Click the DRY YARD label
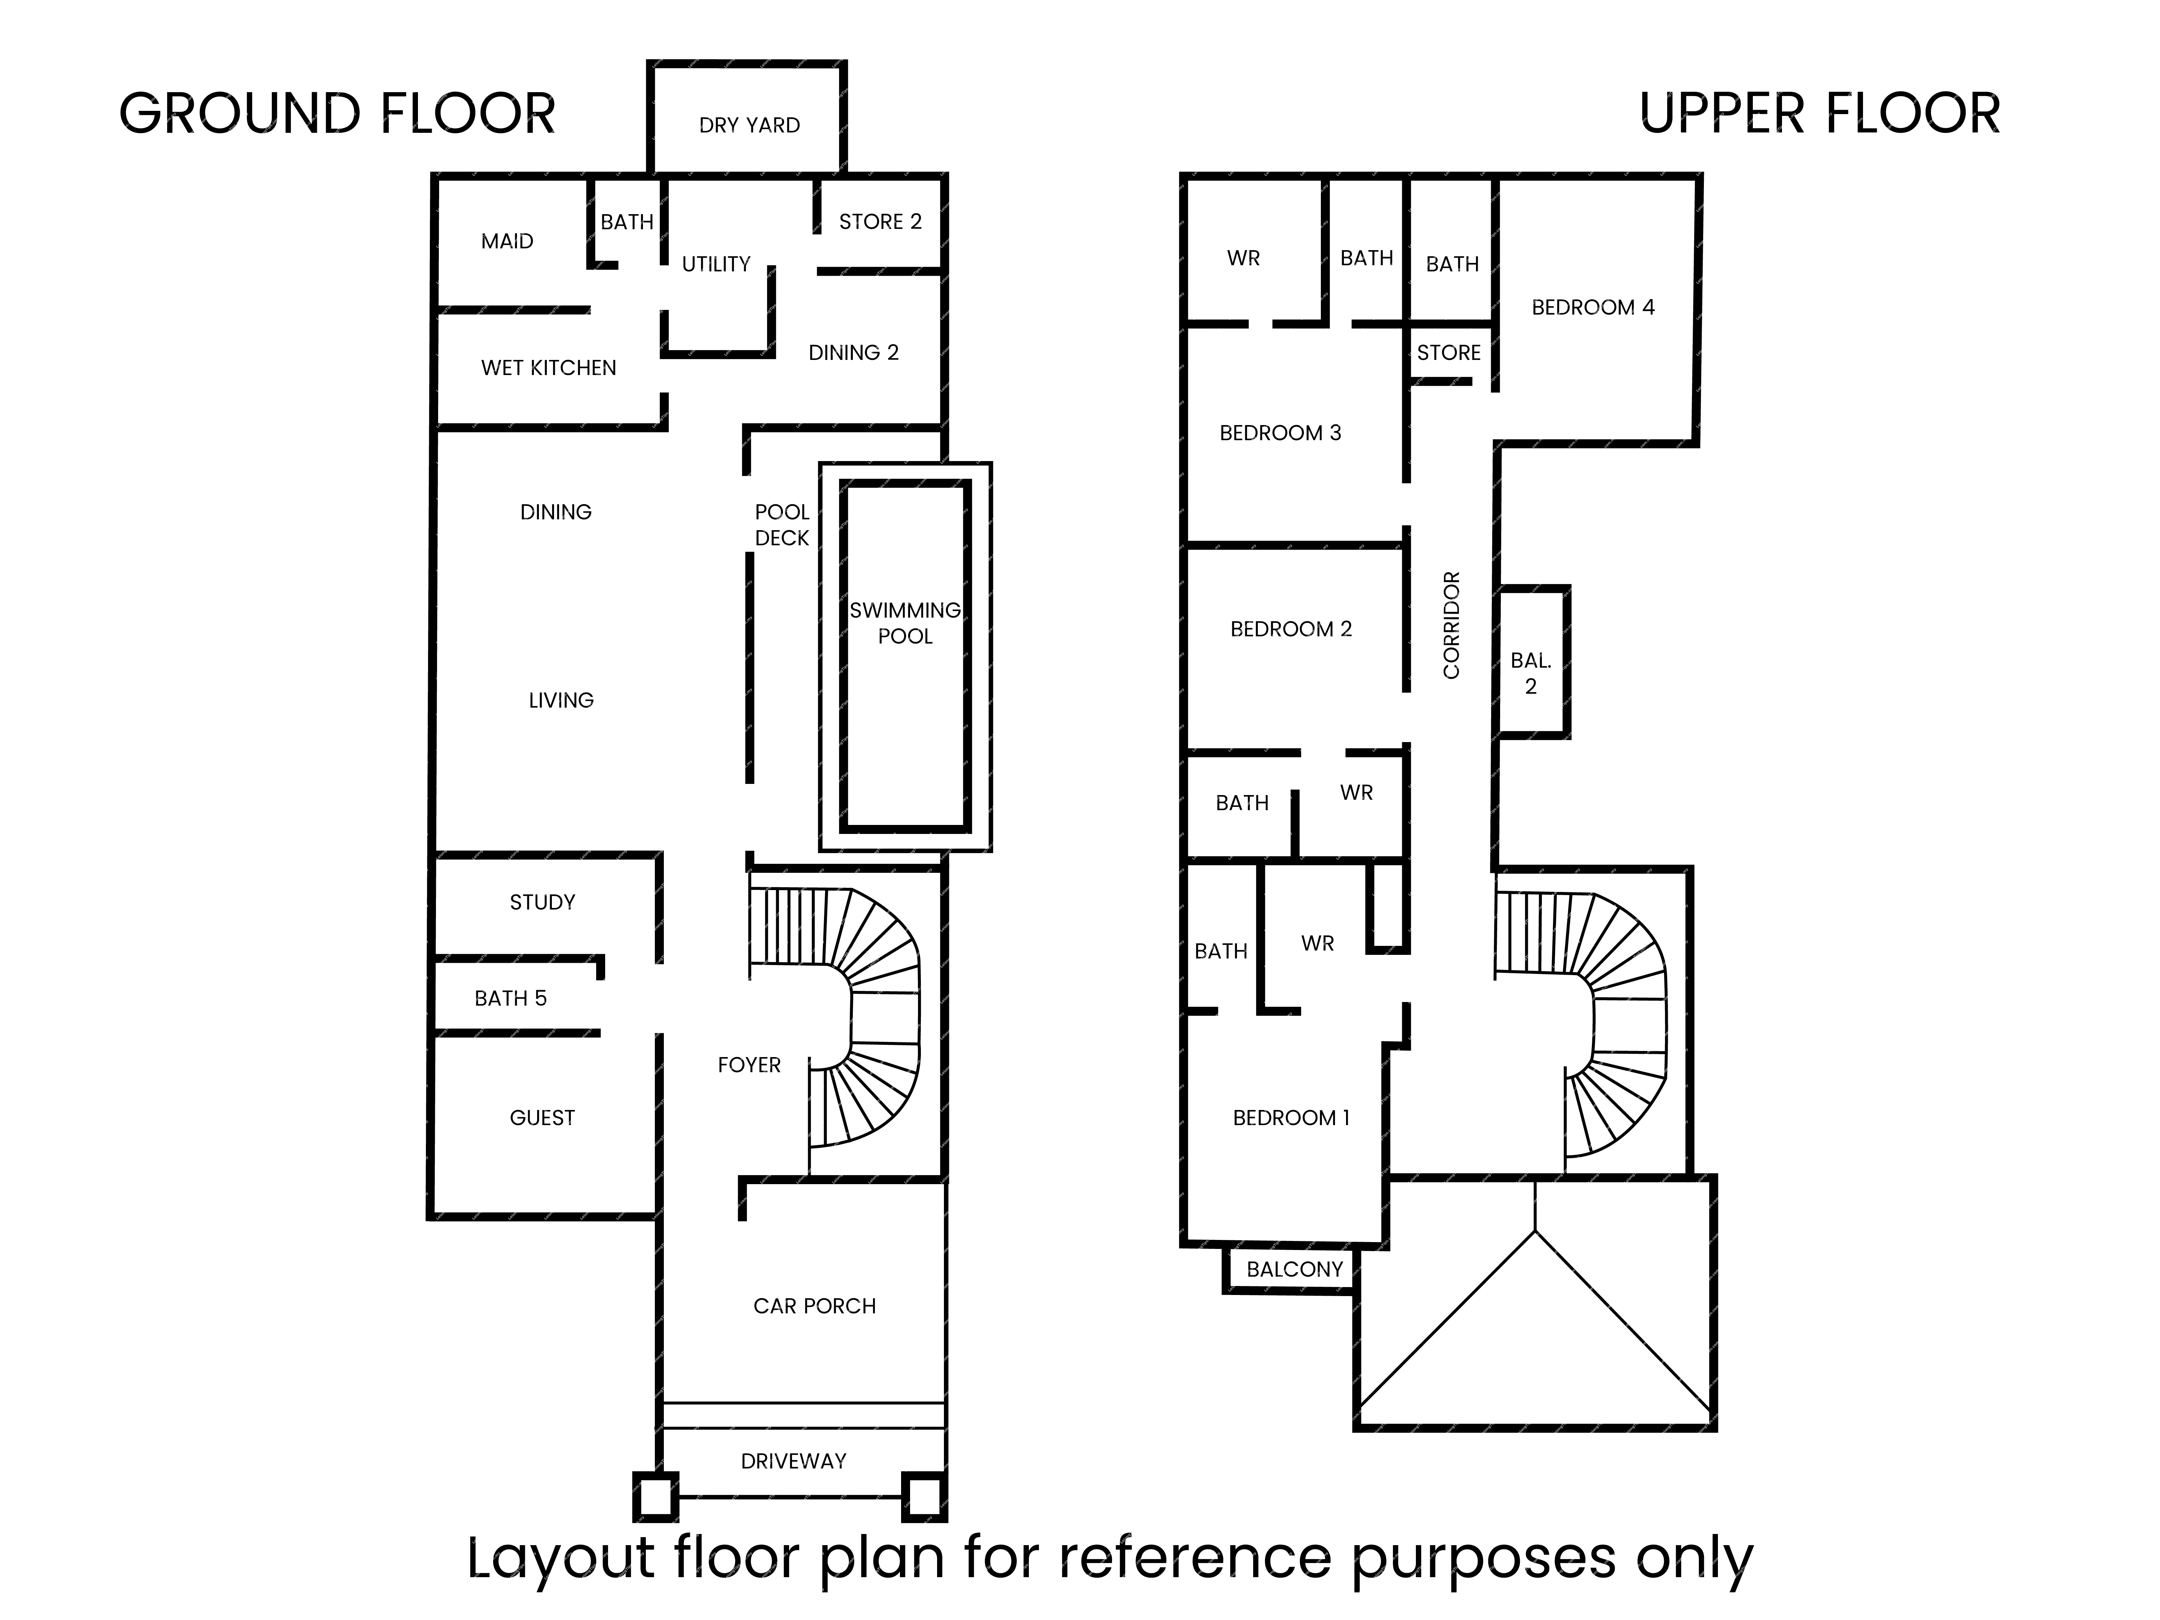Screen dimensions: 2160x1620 [749, 125]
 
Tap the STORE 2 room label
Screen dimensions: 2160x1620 [880, 222]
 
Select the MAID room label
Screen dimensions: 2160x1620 [507, 241]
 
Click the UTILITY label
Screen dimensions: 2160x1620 [716, 264]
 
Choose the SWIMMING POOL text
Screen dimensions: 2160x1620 [905, 623]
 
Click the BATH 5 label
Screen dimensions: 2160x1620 [511, 998]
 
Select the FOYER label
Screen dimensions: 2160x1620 [749, 1064]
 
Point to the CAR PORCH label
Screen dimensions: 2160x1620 [814, 1305]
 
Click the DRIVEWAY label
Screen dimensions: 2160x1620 [793, 1461]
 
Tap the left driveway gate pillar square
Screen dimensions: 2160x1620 [655, 1496]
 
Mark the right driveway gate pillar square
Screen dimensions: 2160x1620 [924, 1496]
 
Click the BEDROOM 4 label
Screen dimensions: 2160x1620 [1593, 308]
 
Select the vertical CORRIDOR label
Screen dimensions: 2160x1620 [1451, 625]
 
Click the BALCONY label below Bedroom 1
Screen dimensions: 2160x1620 [1295, 1269]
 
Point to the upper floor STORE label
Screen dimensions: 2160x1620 [1449, 352]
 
